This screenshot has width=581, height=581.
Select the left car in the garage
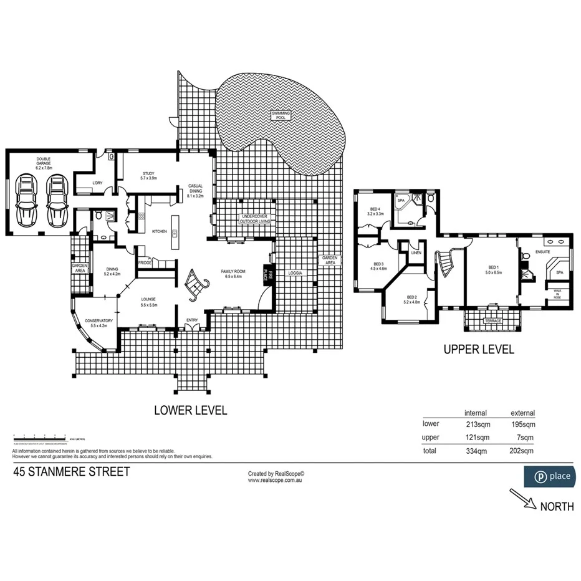tap(27, 201)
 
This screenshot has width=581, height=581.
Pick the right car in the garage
tap(57, 201)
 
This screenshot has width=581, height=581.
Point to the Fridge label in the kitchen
tap(145, 262)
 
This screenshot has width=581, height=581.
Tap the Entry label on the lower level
tap(192, 320)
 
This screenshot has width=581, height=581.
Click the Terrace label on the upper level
tap(492, 321)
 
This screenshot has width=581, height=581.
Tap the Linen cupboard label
tap(416, 253)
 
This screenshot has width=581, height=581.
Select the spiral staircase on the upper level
tap(446, 262)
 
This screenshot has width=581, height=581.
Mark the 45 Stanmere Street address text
tap(72, 471)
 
